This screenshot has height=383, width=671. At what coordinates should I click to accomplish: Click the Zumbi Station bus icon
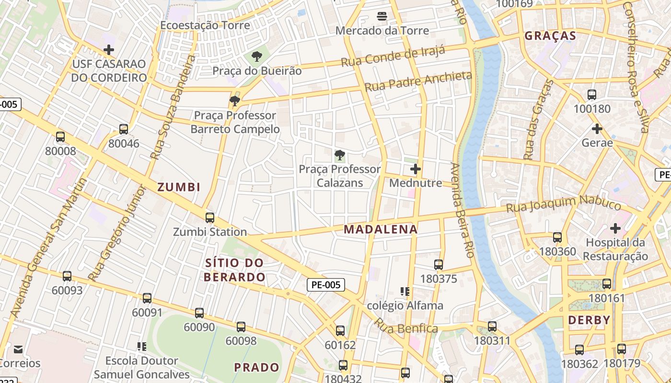pyautogui.click(x=209, y=218)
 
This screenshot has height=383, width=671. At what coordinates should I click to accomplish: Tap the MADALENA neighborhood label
pyautogui.click(x=381, y=229)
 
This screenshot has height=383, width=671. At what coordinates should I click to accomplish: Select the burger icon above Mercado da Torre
pyautogui.click(x=382, y=16)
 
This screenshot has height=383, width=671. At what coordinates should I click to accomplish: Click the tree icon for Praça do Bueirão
pyautogui.click(x=257, y=56)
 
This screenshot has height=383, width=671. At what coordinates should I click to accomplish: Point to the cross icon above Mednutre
pyautogui.click(x=416, y=169)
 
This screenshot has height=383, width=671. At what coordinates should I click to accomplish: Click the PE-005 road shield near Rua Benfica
pyautogui.click(x=326, y=285)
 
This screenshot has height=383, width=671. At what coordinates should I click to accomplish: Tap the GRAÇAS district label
pyautogui.click(x=550, y=36)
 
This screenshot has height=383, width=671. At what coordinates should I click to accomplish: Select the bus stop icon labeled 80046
pyautogui.click(x=124, y=129)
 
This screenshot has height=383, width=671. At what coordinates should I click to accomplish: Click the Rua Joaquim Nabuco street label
pyautogui.click(x=564, y=204)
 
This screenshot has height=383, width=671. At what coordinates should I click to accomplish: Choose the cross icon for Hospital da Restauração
pyautogui.click(x=615, y=228)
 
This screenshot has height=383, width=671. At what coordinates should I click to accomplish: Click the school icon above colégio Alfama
pyautogui.click(x=405, y=291)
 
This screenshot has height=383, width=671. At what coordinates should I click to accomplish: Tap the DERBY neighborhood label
pyautogui.click(x=589, y=320)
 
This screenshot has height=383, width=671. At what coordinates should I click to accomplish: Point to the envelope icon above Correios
pyautogui.click(x=18, y=349)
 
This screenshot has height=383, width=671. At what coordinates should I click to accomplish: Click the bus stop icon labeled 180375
pyautogui.click(x=439, y=264)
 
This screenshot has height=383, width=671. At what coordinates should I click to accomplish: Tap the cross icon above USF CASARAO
pyautogui.click(x=109, y=49)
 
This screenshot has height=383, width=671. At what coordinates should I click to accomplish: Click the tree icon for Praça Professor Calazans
pyautogui.click(x=339, y=155)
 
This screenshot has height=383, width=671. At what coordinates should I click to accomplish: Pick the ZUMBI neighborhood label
pyautogui.click(x=179, y=187)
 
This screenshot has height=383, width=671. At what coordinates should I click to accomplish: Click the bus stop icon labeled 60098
pyautogui.click(x=241, y=327)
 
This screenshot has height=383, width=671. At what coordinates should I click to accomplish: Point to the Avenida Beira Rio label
pyautogui.click(x=462, y=211)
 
